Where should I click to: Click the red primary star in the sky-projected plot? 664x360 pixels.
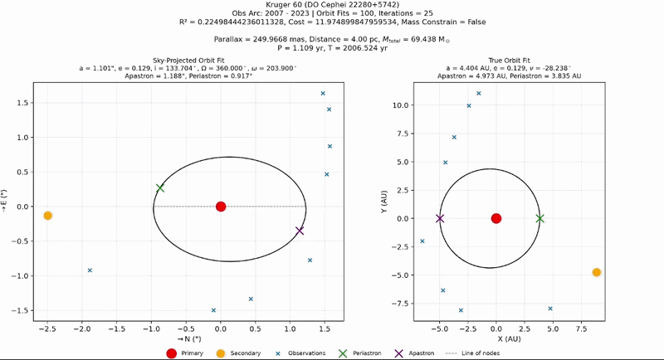(221, 207)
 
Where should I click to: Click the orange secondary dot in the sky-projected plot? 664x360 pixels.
(48, 216)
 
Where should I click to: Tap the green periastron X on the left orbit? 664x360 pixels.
(159, 187)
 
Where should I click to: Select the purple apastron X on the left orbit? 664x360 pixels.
(300, 231)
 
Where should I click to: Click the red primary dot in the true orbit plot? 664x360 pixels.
(496, 218)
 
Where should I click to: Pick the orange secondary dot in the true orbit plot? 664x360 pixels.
(596, 272)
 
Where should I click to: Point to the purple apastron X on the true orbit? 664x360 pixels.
(440, 218)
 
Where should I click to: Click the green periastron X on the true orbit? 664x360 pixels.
(540, 218)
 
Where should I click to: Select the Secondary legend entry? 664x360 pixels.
(238, 353)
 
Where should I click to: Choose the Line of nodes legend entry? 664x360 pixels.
(472, 353)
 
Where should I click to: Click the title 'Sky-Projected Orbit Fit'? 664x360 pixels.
(188, 61)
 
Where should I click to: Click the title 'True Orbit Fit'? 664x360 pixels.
(509, 61)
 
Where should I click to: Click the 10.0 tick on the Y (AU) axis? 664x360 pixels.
(400, 105)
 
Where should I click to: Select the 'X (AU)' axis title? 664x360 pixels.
(509, 339)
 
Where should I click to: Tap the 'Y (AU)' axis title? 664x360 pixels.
(384, 202)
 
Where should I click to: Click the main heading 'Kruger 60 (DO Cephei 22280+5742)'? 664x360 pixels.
(333, 5)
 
